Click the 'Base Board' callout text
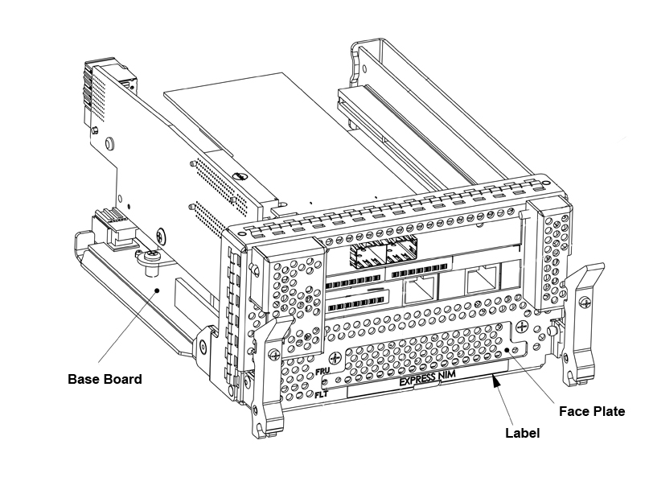(x=105, y=379)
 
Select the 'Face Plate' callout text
(x=592, y=411)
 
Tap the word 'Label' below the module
(x=522, y=433)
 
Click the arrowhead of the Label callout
(x=497, y=386)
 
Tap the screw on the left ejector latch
(x=275, y=354)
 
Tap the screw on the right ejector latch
(x=584, y=302)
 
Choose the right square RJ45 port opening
(x=482, y=281)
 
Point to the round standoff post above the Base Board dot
(x=150, y=257)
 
